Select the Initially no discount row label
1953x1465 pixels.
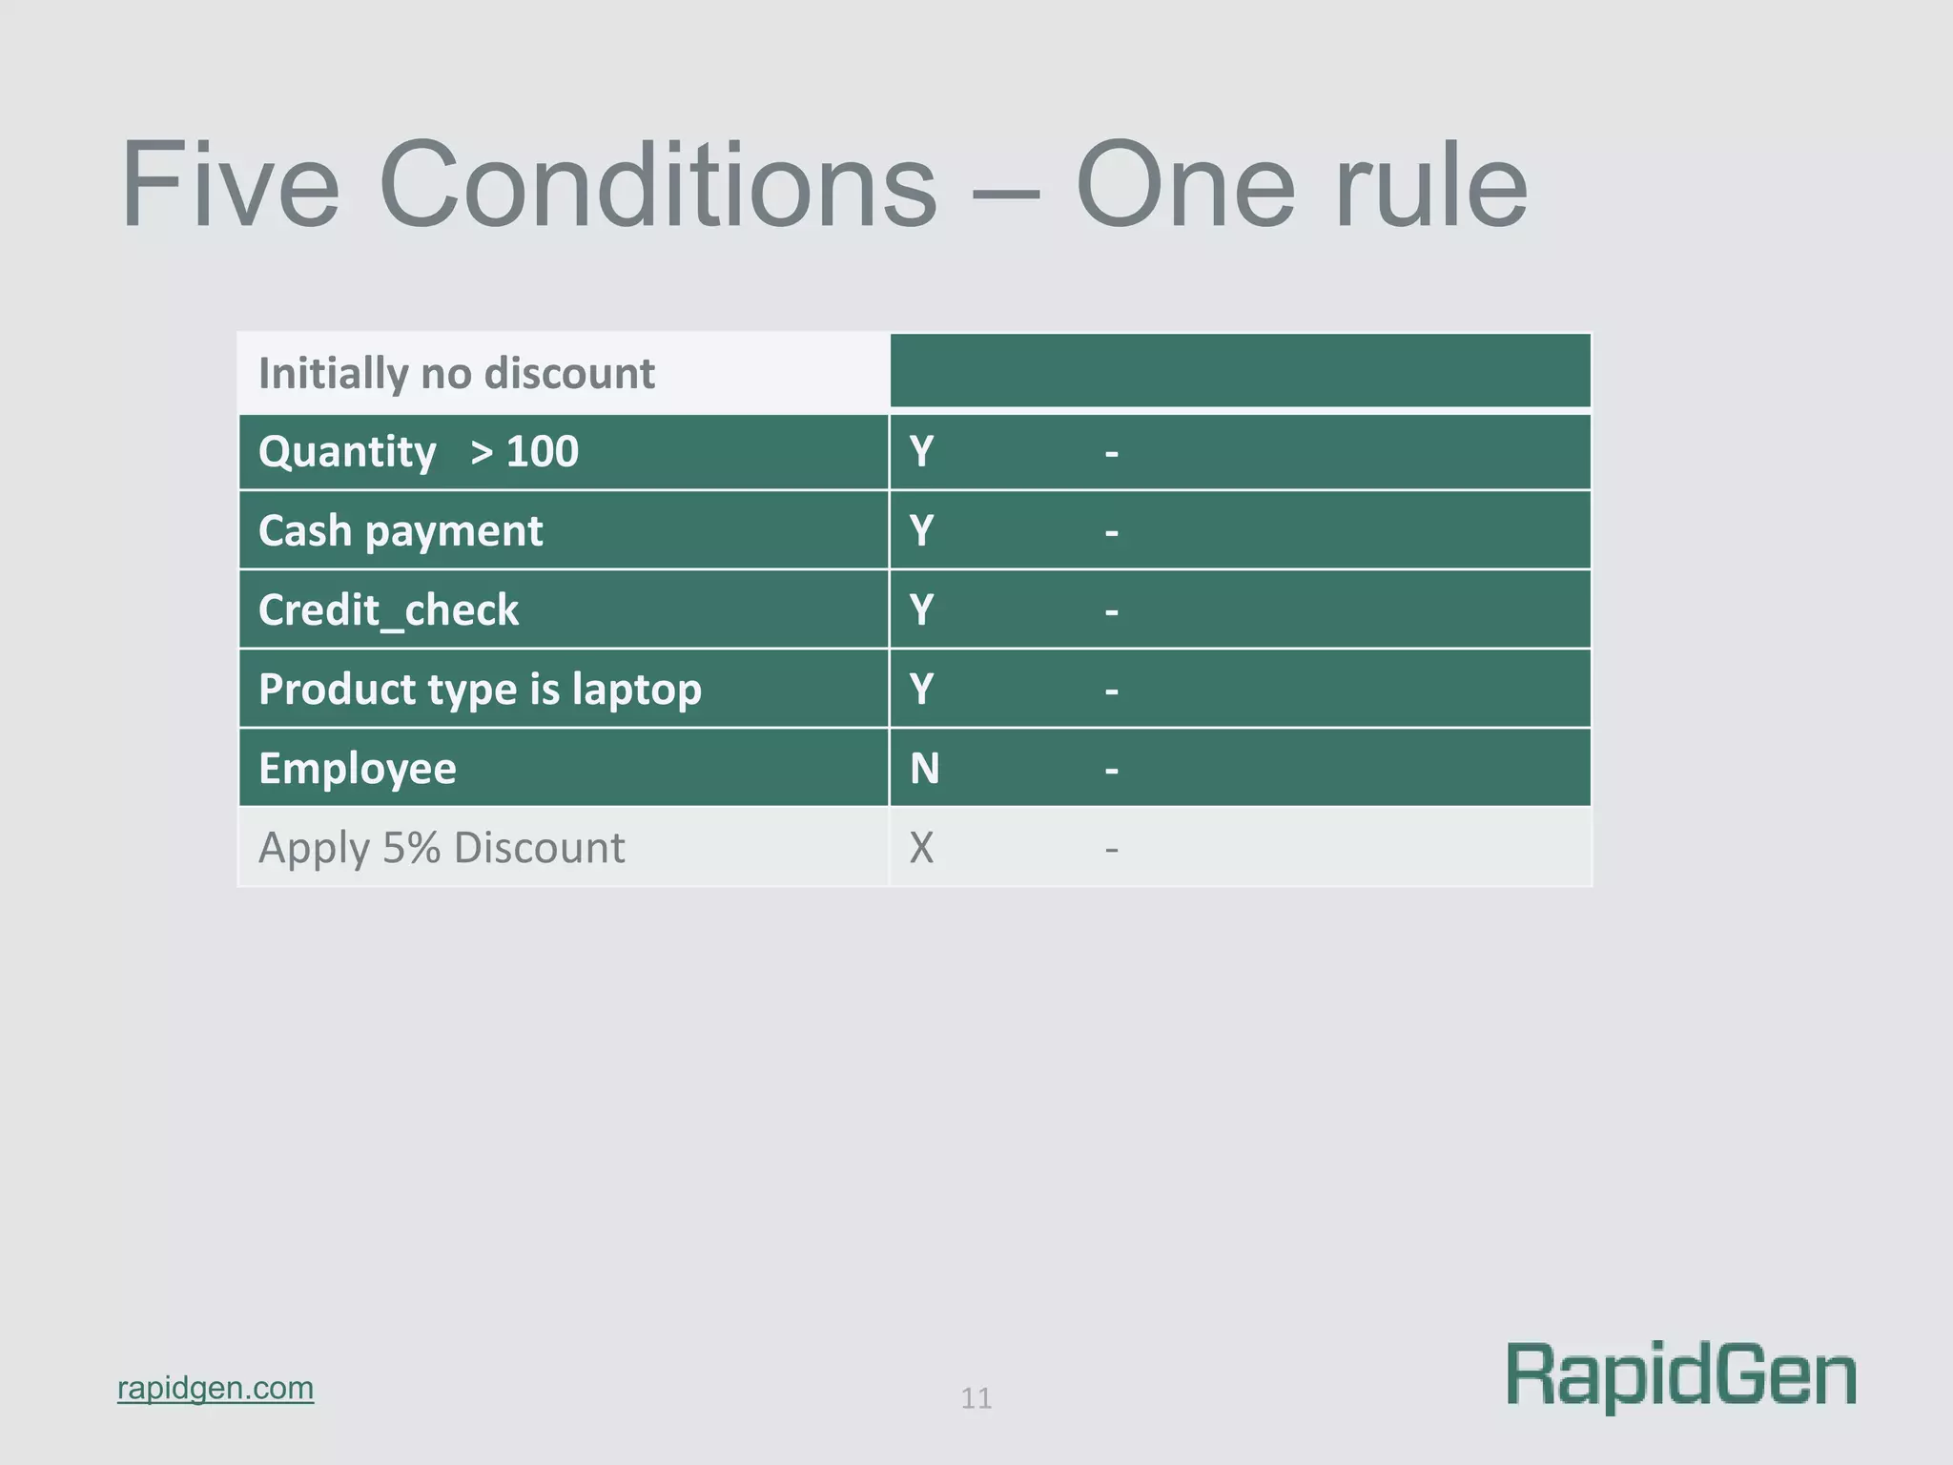456,373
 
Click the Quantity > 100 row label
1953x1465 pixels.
418,451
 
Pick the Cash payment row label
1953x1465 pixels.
401,531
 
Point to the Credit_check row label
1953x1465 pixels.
388,610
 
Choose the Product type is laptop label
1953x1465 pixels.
480,690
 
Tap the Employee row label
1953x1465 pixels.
358,769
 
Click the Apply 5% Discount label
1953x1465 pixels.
442,848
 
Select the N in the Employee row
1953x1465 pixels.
924,769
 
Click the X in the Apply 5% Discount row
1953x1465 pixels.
921,848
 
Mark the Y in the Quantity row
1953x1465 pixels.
921,451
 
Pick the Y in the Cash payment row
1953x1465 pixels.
921,531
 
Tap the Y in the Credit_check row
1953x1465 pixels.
921,610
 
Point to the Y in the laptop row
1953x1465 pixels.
921,690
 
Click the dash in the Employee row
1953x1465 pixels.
1111,771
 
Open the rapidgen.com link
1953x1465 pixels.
216,1388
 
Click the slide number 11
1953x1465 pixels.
976,1399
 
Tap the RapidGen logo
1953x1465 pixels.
1681,1375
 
